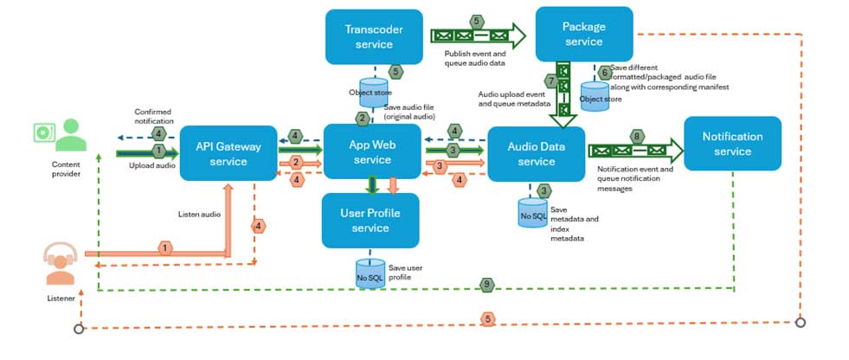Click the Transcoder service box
pos(374,36)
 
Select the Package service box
pos(583,34)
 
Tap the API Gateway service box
pos(228,153)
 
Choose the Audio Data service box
pos(536,154)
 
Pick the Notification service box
pos(732,144)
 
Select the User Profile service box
pos(370,221)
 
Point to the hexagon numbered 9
pos(487,283)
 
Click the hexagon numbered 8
pos(637,136)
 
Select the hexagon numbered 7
pos(550,80)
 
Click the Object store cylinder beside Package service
pos(595,93)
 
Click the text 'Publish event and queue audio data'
pos(468,58)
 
